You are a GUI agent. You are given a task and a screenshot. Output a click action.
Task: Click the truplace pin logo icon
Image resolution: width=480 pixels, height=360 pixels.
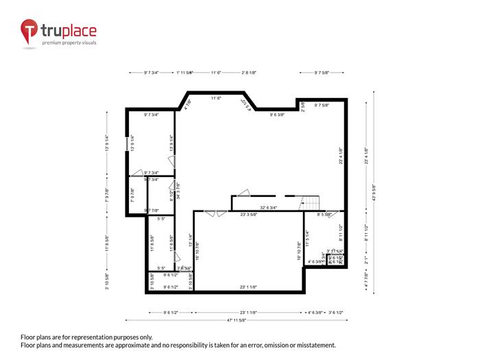(29, 32)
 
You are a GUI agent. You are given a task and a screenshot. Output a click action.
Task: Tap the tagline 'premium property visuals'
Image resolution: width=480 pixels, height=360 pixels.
(69, 43)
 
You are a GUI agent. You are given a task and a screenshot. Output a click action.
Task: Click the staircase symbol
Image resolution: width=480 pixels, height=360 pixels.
(311, 202)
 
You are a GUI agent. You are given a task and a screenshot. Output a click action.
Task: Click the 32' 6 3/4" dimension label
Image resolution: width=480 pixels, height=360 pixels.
(268, 207)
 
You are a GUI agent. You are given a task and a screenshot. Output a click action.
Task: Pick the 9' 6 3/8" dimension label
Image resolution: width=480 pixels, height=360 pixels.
(280, 115)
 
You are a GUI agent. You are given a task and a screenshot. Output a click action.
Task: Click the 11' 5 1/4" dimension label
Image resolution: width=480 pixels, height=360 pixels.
(308, 238)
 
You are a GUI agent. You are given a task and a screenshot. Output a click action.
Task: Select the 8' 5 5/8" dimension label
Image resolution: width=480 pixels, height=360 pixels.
(320, 215)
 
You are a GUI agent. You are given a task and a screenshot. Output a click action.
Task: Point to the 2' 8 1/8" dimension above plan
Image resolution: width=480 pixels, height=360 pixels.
(249, 72)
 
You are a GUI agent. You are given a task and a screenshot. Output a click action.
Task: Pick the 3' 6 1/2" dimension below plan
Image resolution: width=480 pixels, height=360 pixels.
(336, 313)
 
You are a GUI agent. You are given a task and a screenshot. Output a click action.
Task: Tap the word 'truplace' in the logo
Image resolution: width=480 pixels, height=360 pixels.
(69, 30)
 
